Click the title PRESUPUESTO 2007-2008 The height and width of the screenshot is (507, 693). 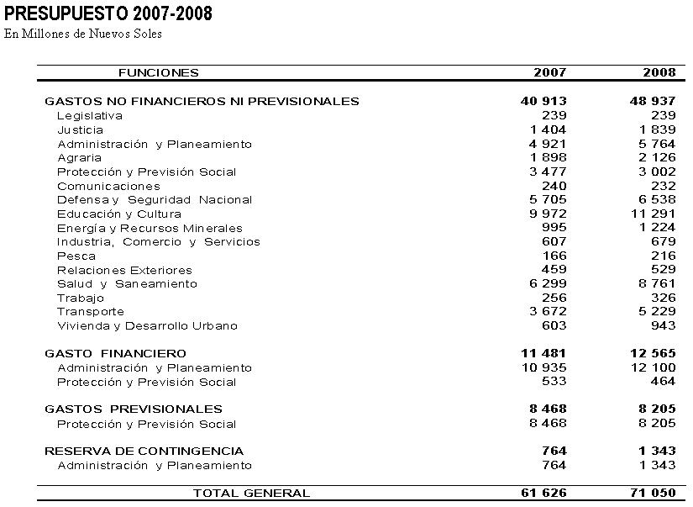(108, 13)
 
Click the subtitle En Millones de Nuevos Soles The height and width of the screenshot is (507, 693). (83, 34)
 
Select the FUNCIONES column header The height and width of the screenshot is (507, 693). (159, 73)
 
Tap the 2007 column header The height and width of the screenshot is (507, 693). (549, 73)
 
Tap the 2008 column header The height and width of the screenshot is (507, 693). (659, 73)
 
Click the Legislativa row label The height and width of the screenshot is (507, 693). (90, 116)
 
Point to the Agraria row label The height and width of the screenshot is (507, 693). (80, 158)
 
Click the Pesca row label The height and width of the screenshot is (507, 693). (76, 256)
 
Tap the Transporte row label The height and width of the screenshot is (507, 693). (91, 312)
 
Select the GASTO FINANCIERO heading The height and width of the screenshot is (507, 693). (116, 353)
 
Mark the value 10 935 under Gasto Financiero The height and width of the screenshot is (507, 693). (543, 367)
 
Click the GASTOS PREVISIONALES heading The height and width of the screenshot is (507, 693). (134, 409)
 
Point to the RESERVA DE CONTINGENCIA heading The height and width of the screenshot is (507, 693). (144, 451)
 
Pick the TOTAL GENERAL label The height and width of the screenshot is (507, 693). (251, 494)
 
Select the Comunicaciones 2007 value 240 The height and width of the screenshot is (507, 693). (554, 186)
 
